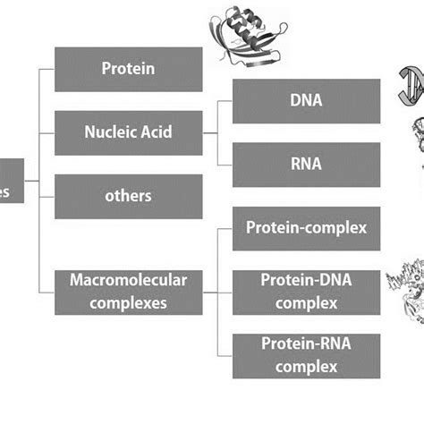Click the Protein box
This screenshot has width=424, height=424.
tap(128, 69)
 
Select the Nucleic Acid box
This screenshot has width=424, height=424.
tap(128, 132)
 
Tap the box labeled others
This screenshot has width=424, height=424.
tap(128, 196)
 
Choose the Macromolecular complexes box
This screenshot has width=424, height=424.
tap(128, 291)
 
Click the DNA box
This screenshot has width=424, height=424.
tap(307, 101)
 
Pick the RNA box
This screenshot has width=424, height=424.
tap(307, 165)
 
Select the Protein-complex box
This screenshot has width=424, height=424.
tap(307, 228)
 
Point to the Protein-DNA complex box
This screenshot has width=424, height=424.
tap(307, 291)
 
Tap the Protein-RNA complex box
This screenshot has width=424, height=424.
tap(307, 354)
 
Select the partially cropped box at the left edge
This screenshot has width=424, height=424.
tap(12, 189)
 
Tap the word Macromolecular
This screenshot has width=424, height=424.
tap(128, 281)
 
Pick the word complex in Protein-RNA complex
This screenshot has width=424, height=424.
tap(307, 365)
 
